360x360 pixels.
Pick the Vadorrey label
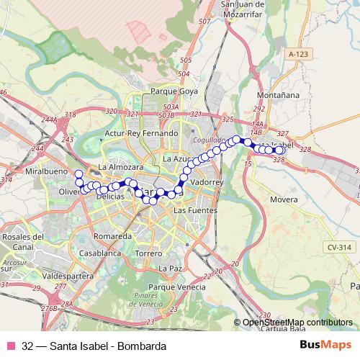tap(210, 183)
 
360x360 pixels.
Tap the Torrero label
tap(149, 254)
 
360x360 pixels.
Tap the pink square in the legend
tap(12, 345)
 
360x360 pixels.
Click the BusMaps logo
tap(323, 344)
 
